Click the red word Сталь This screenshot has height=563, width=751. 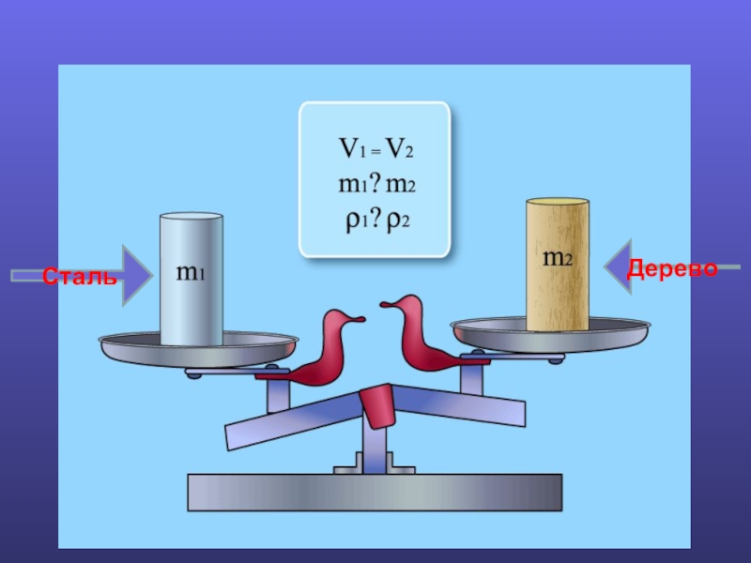pyautogui.click(x=80, y=276)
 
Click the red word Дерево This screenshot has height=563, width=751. pyautogui.click(x=672, y=268)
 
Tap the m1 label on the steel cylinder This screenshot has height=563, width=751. pyautogui.click(x=191, y=272)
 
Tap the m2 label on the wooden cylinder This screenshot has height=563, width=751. pyautogui.click(x=558, y=258)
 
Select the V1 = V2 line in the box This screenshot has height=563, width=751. pyautogui.click(x=375, y=148)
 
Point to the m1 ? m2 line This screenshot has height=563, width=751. pyautogui.click(x=376, y=184)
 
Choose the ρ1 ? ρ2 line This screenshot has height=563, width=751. pyautogui.click(x=377, y=221)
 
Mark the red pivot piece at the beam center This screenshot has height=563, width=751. pyautogui.click(x=377, y=405)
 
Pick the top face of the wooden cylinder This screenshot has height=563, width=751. pyautogui.click(x=558, y=202)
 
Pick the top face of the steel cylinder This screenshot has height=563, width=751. pyautogui.click(x=192, y=217)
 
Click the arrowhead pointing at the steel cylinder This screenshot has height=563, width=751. pyautogui.click(x=138, y=275)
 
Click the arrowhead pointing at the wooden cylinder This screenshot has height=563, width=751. pyautogui.click(x=618, y=266)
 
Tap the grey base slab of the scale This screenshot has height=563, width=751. pyautogui.click(x=375, y=492)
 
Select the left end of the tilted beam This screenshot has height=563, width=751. pyautogui.click(x=228, y=437)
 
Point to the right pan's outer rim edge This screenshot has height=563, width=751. pyautogui.click(x=648, y=327)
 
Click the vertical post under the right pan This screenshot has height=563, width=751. pyautogui.click(x=471, y=377)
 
